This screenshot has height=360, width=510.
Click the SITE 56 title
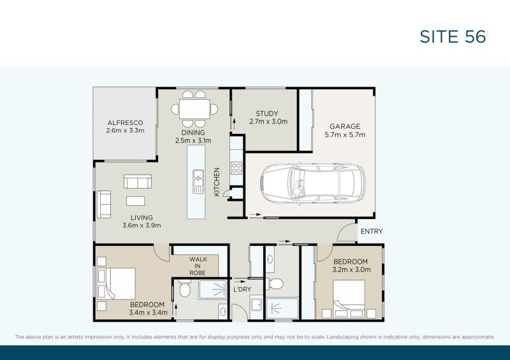click(453, 37)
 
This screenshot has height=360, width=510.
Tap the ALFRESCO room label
click(125, 122)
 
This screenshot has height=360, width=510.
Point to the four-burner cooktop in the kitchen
click(236, 168)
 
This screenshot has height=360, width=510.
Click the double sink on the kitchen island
click(198, 180)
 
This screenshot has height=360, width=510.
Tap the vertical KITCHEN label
click(217, 182)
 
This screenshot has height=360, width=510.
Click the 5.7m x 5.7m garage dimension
click(344, 134)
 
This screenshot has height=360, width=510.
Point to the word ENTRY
click(371, 231)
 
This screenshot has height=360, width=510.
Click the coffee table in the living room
click(135, 201)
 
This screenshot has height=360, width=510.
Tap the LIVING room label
click(142, 217)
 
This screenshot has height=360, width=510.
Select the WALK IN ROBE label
click(198, 266)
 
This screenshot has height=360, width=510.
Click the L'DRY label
click(242, 290)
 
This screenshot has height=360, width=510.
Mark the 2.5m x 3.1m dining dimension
click(193, 141)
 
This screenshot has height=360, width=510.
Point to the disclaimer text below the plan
click(254, 336)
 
